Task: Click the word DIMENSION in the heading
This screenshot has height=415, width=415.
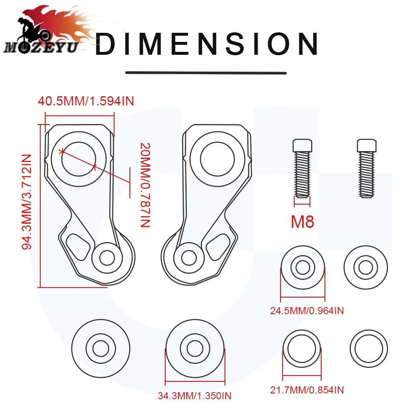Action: point(206,44)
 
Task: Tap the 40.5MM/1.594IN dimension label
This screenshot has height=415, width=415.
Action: point(86,101)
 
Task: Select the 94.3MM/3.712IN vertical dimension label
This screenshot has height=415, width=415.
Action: point(27,202)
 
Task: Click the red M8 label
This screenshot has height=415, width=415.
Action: point(302,222)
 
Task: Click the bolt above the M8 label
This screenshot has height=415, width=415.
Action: point(302,168)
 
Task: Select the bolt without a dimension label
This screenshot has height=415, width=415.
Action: point(367,168)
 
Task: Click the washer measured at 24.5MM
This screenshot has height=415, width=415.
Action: point(303,267)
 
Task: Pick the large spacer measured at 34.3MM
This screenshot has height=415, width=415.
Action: point(195,348)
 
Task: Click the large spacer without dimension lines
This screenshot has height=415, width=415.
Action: point(101,348)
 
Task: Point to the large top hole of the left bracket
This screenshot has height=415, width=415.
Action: point(79,158)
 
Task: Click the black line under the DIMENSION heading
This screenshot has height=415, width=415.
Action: point(206,73)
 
